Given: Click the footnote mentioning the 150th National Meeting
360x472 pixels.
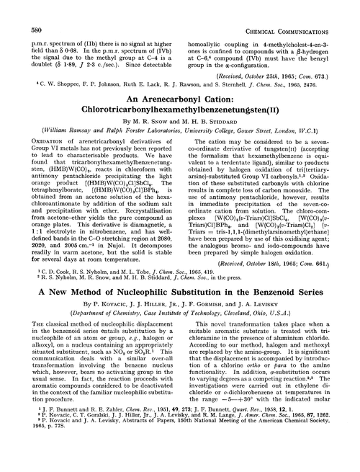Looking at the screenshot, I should pos(173,463).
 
